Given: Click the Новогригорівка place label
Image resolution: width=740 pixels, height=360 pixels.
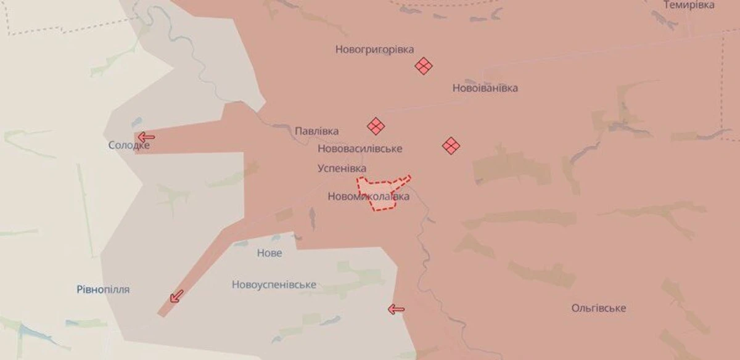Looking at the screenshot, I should coord(374,49).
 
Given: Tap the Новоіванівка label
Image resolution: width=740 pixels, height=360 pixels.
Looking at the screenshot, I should coord(485,88).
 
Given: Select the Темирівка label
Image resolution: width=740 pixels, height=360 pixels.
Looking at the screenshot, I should coord(689,5).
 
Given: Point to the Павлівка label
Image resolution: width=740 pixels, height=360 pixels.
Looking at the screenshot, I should coord(316,131).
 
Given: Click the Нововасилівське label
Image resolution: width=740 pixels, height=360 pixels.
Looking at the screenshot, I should coord(360,149).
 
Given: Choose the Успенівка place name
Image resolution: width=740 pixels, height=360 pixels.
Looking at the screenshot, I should coord(342,168).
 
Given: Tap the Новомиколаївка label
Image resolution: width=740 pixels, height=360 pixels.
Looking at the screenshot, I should coord(368,197).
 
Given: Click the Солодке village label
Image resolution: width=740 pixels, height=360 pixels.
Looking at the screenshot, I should coord(128,145).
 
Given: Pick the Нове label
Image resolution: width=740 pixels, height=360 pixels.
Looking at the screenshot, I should coord(269,253).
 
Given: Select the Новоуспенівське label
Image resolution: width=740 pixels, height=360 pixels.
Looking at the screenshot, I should coord(274,285).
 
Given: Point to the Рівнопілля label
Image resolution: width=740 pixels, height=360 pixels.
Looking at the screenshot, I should coord(104,289).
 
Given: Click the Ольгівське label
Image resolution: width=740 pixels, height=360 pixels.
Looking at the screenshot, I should coord(598,308).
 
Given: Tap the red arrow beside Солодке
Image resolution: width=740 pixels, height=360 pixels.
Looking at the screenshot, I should coord(146,137).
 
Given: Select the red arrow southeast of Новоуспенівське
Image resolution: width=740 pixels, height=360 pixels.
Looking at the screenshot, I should coord(396,309).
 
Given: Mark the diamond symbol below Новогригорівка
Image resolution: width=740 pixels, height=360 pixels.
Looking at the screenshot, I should coord(424,66).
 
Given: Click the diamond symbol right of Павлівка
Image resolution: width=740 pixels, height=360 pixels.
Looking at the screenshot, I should coord(376,126).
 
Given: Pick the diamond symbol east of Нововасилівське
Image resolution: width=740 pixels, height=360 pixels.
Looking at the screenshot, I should coord(451,145).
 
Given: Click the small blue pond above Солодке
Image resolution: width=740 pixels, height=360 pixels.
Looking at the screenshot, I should coord(136,122).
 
